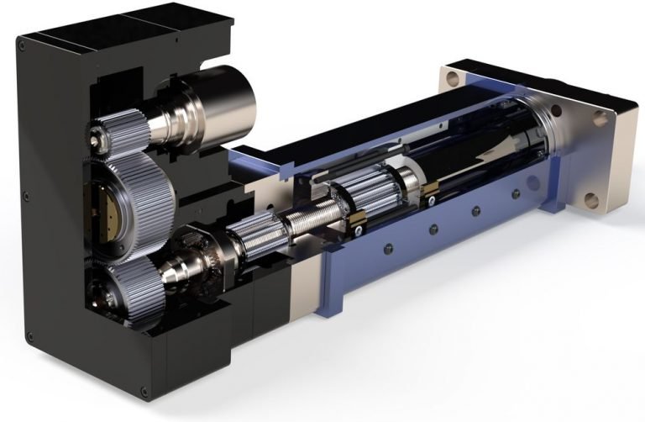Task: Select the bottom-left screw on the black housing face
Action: [31, 335]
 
